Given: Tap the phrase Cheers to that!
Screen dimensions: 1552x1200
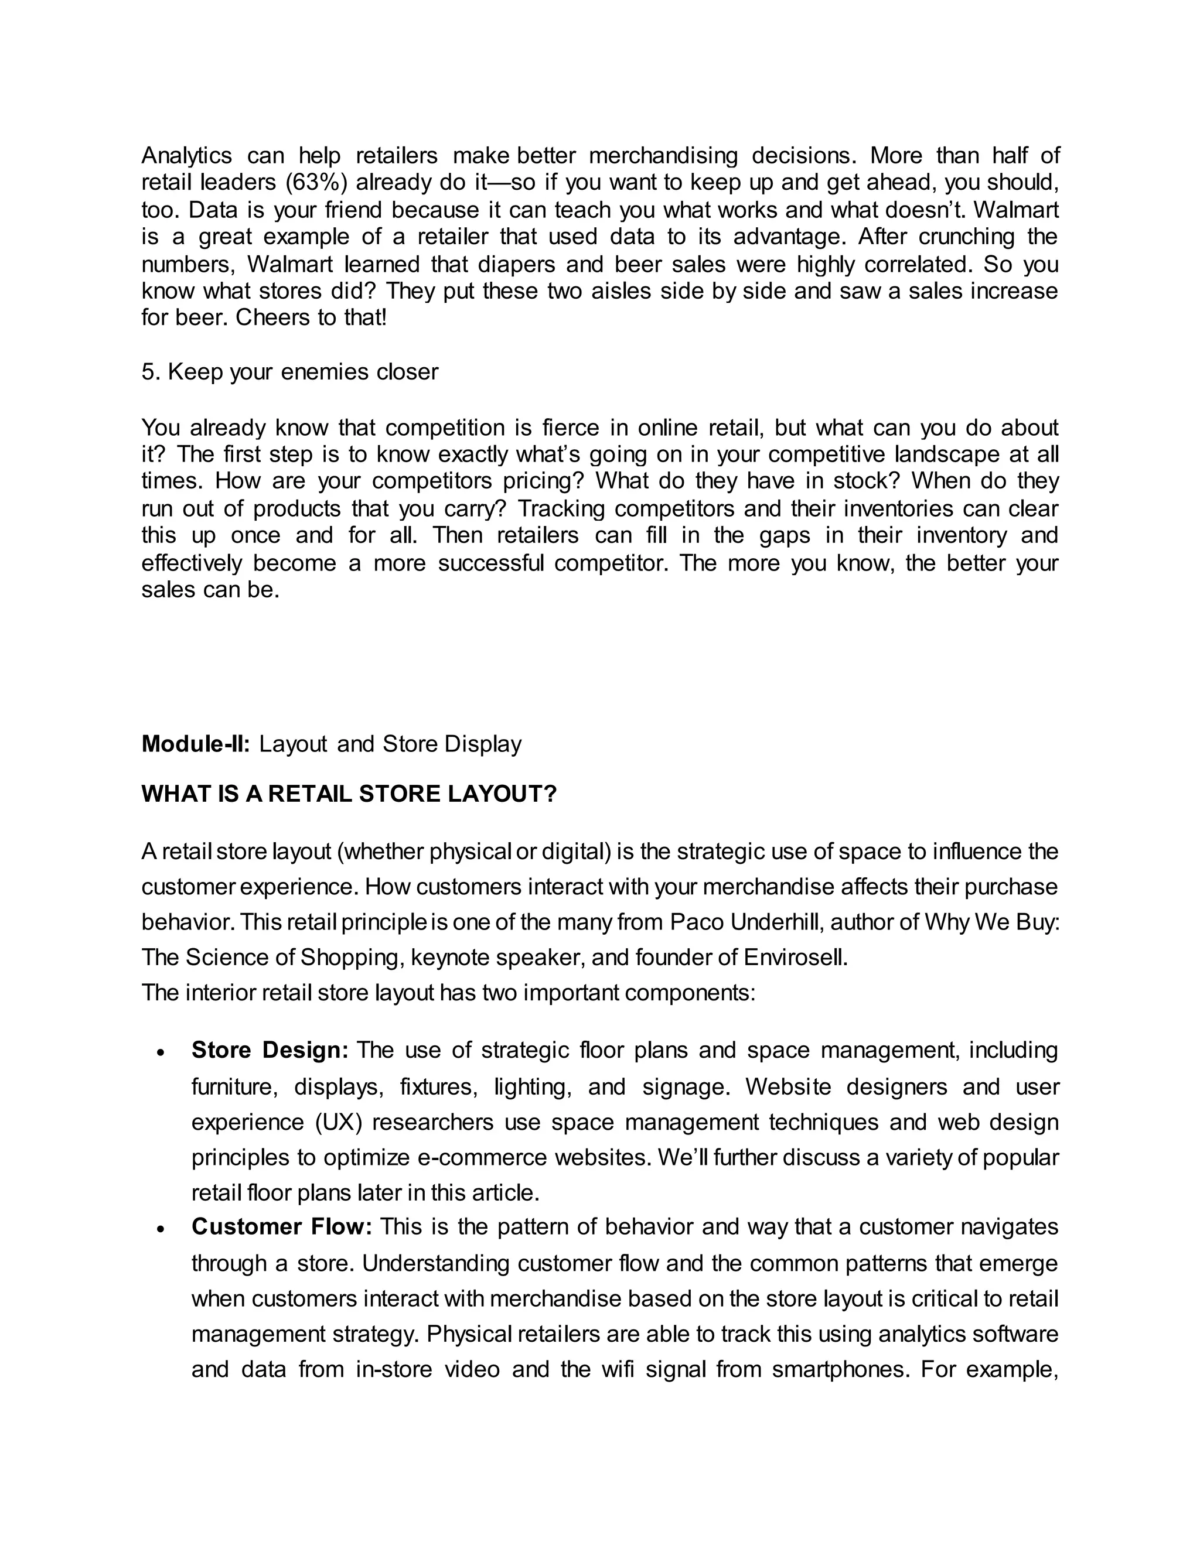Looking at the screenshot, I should [x=311, y=317].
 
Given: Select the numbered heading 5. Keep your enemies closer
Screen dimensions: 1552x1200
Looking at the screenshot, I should [x=289, y=372].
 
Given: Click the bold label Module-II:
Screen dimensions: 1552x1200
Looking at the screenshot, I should [x=196, y=744].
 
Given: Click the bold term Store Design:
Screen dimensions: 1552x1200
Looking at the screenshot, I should [x=270, y=1050].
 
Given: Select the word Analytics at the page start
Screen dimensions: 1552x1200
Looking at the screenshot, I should [x=186, y=156].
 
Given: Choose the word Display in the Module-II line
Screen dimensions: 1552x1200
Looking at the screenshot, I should [x=483, y=744].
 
